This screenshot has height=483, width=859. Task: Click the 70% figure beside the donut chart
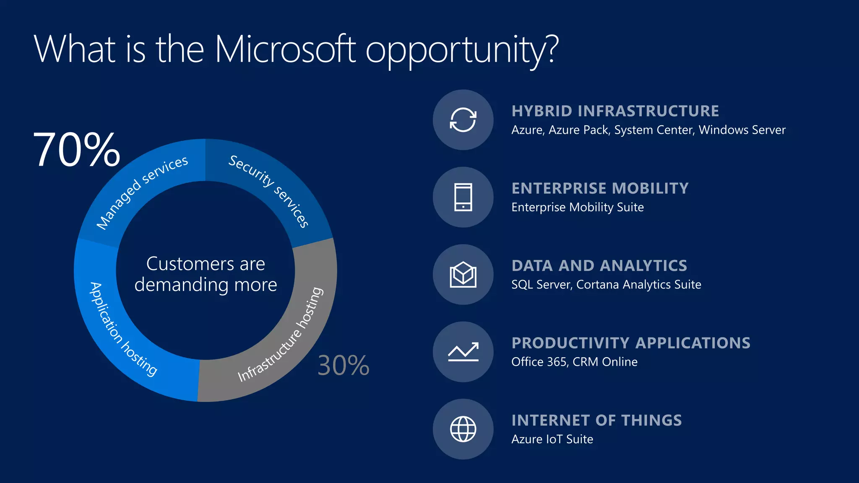[x=77, y=150]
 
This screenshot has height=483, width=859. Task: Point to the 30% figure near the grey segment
[x=344, y=365]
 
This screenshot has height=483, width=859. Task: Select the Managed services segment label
[x=142, y=192]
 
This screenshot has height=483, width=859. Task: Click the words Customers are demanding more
[x=206, y=274]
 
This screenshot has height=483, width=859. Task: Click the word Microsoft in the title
[x=285, y=49]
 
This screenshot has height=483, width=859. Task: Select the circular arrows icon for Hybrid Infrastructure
[x=463, y=120]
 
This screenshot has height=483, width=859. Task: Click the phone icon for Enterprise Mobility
[x=463, y=197]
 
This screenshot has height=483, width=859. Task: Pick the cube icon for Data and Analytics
[x=463, y=275]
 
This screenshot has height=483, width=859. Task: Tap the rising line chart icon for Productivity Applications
[x=463, y=352]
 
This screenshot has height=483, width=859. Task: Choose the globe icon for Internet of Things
[x=463, y=429]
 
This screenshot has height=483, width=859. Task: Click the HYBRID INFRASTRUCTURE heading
[x=615, y=111]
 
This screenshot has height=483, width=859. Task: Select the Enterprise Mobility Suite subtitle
[x=578, y=207]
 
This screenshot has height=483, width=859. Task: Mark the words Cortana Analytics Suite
[x=639, y=285]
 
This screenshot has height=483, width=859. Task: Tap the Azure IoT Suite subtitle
[x=552, y=439]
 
